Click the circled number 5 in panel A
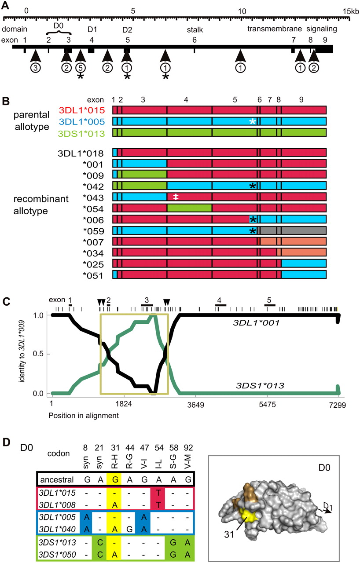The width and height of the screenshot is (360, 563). [80, 68]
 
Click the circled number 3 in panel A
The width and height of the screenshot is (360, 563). [35, 68]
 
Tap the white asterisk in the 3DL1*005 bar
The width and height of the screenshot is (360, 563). [253, 121]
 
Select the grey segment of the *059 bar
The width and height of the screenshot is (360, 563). [293, 230]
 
